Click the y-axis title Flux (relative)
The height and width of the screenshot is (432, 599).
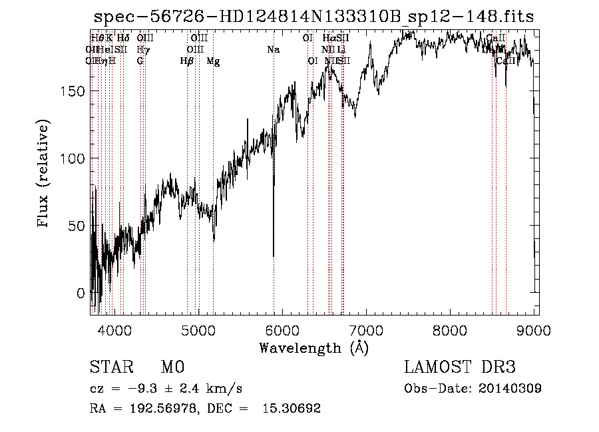click(45, 174)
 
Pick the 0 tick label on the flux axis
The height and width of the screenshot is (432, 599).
click(81, 293)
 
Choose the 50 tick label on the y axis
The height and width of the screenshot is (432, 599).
click(77, 226)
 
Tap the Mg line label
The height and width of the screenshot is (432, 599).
click(213, 61)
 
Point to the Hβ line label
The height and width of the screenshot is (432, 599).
click(187, 61)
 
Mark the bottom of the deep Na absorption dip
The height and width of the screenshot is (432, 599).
click(274, 256)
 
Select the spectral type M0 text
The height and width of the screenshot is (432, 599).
click(172, 367)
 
